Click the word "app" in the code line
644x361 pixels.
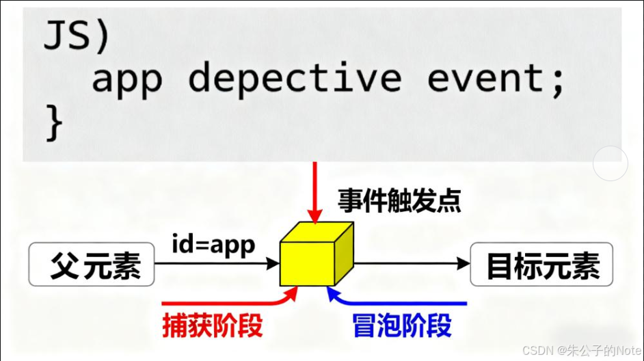[126, 79]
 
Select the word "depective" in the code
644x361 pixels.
[295, 79]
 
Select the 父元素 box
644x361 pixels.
[92, 264]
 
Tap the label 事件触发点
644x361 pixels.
[399, 200]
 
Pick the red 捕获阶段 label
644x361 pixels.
[213, 325]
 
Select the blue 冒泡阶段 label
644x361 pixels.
[402, 325]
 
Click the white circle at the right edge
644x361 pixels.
[610, 164]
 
